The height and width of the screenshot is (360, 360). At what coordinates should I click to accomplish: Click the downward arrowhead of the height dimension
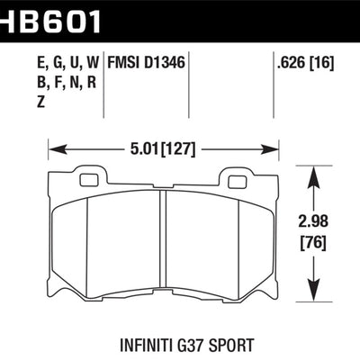click(x=314, y=289)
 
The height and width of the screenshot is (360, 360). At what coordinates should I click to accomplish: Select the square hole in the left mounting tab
click(x=88, y=180)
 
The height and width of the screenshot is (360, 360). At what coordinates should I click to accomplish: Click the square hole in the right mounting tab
click(x=237, y=180)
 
